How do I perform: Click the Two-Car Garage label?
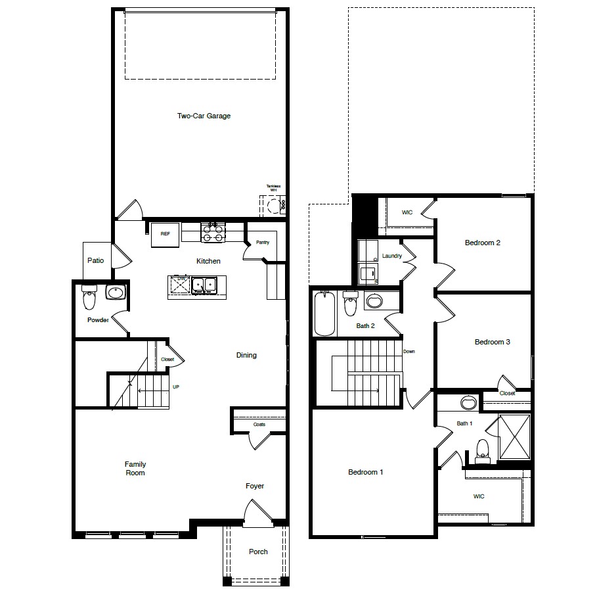(204, 116)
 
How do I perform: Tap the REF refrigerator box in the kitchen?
(165, 235)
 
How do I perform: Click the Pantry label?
(263, 243)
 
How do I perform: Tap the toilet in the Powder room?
(89, 300)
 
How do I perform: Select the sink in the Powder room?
(116, 292)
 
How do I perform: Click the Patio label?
(96, 261)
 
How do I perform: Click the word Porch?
(258, 552)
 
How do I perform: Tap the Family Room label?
(135, 468)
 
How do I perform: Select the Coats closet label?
(259, 425)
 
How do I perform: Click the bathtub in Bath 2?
(325, 314)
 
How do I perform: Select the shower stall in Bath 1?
(514, 437)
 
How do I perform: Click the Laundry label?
(391, 256)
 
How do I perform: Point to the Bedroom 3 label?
(492, 342)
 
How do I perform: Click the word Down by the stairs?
(409, 352)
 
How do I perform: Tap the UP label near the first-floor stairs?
(175, 387)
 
